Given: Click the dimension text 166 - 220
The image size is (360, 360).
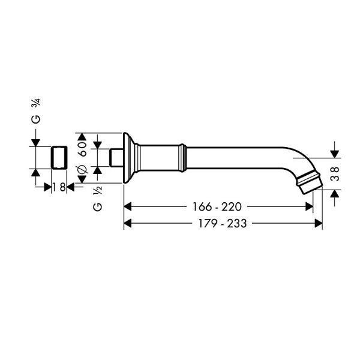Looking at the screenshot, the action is point(217,206).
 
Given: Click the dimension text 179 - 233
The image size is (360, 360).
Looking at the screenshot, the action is point(223,223).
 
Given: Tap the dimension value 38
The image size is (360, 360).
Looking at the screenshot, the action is point(335,174).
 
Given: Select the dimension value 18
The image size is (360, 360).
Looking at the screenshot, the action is point(59,187).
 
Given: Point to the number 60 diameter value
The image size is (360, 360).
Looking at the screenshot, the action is point(83,149).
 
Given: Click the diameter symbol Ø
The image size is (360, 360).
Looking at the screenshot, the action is point(83,169).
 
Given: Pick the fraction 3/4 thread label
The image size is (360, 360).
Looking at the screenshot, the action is point(37,102).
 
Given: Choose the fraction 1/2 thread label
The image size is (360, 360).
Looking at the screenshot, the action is point(97,190).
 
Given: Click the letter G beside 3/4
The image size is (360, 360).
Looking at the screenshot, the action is point(35,119).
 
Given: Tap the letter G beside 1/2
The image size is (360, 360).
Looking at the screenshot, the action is point(98,207).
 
